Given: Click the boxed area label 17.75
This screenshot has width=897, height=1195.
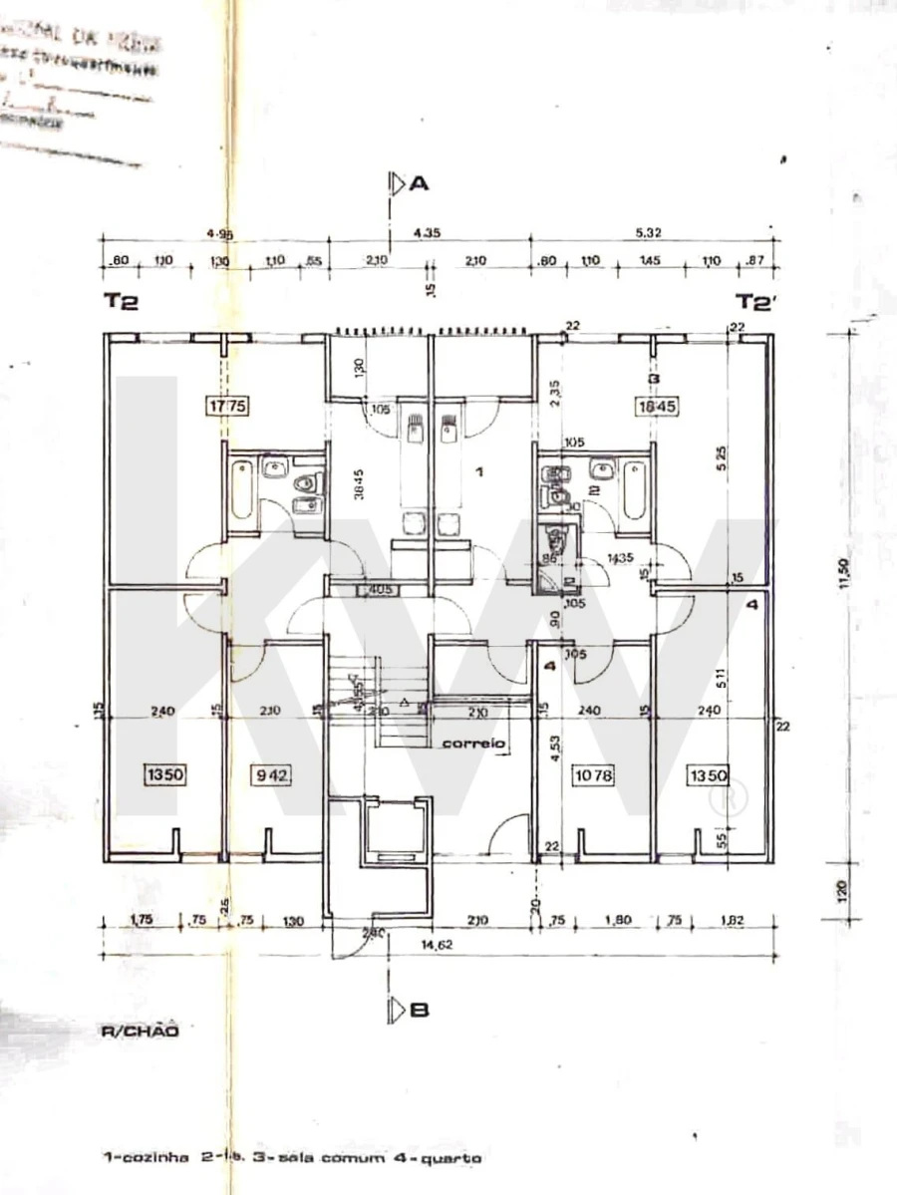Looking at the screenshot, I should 225,406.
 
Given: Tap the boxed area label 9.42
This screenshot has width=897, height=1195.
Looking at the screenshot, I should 267,773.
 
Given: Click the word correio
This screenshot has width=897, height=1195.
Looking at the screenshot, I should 474,744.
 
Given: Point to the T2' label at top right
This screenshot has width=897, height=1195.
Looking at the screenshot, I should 754,303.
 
